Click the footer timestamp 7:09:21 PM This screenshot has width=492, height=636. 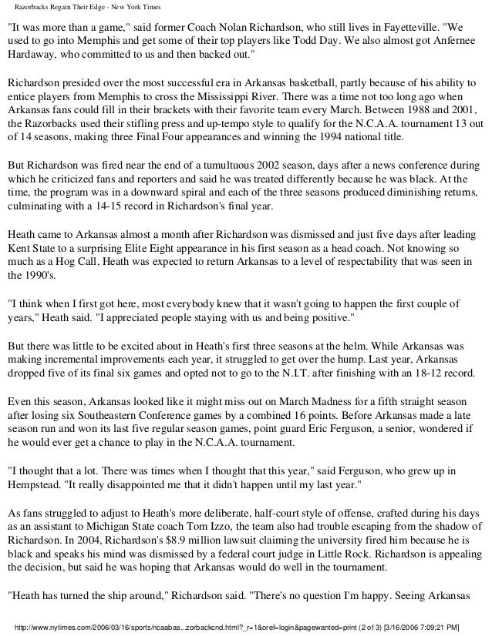tap(450, 625)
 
